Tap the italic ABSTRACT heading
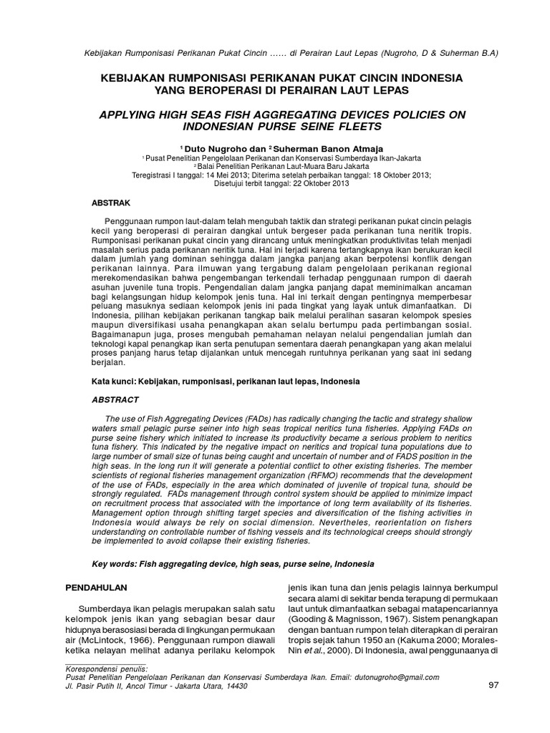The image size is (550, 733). coord(115,399)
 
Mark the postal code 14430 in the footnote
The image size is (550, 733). coord(235,686)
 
